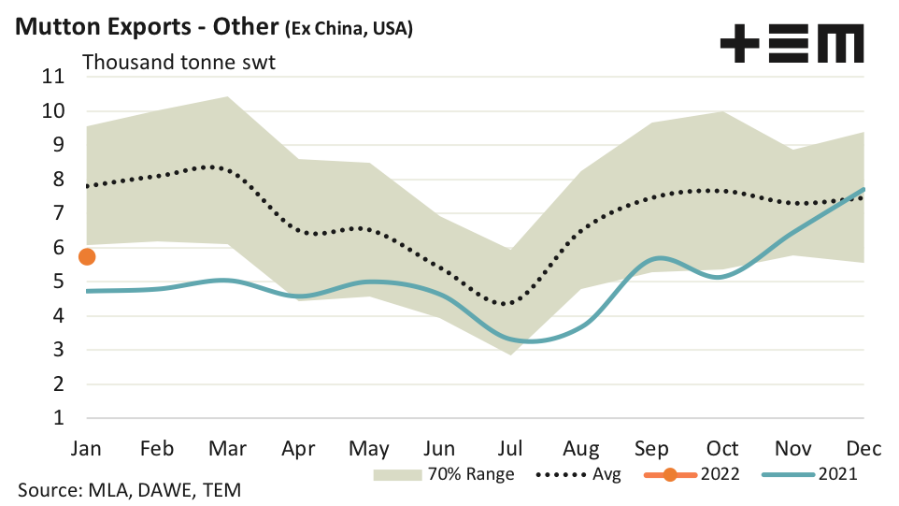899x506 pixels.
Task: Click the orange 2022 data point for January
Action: click(x=87, y=256)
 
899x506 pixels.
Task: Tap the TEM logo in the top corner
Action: click(x=792, y=43)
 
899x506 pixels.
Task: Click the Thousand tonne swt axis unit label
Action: click(x=178, y=63)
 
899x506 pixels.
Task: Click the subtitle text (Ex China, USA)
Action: click(x=348, y=29)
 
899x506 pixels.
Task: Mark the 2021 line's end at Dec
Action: click(x=863, y=190)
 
